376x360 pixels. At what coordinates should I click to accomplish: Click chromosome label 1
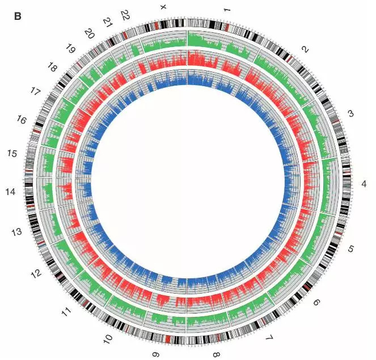coord(227,10)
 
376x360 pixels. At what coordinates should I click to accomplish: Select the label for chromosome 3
coord(350,114)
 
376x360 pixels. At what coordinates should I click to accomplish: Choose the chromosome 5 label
coord(351,249)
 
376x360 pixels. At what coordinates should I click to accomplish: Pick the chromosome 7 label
coord(269,339)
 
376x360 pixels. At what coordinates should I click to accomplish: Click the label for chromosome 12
coord(35,274)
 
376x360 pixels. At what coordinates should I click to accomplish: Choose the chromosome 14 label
coord(11,192)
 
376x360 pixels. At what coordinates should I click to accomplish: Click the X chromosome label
coord(163,7)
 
